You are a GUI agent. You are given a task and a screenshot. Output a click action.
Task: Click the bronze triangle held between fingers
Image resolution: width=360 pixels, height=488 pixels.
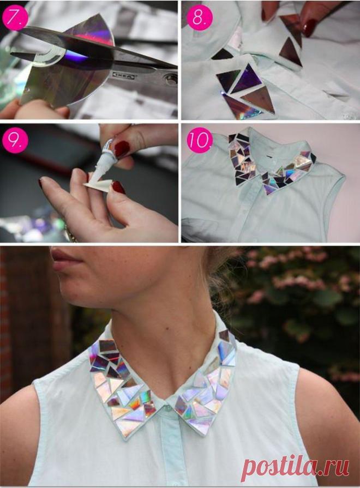point(291,28)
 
